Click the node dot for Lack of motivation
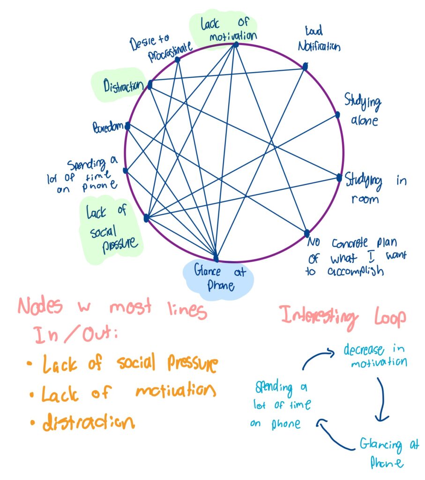[236, 45]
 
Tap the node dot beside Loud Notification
[305, 67]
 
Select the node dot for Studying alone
[337, 115]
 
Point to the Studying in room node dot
[339, 177]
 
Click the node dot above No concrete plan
[307, 233]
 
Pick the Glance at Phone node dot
[216, 258]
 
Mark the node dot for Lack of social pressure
[146, 217]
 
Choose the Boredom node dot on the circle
[127, 125]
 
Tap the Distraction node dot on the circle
[150, 85]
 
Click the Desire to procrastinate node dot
[177, 60]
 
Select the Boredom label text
[108, 126]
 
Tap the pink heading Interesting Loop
[343, 316]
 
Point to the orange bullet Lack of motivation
[128, 392]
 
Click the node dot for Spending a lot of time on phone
[125, 171]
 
